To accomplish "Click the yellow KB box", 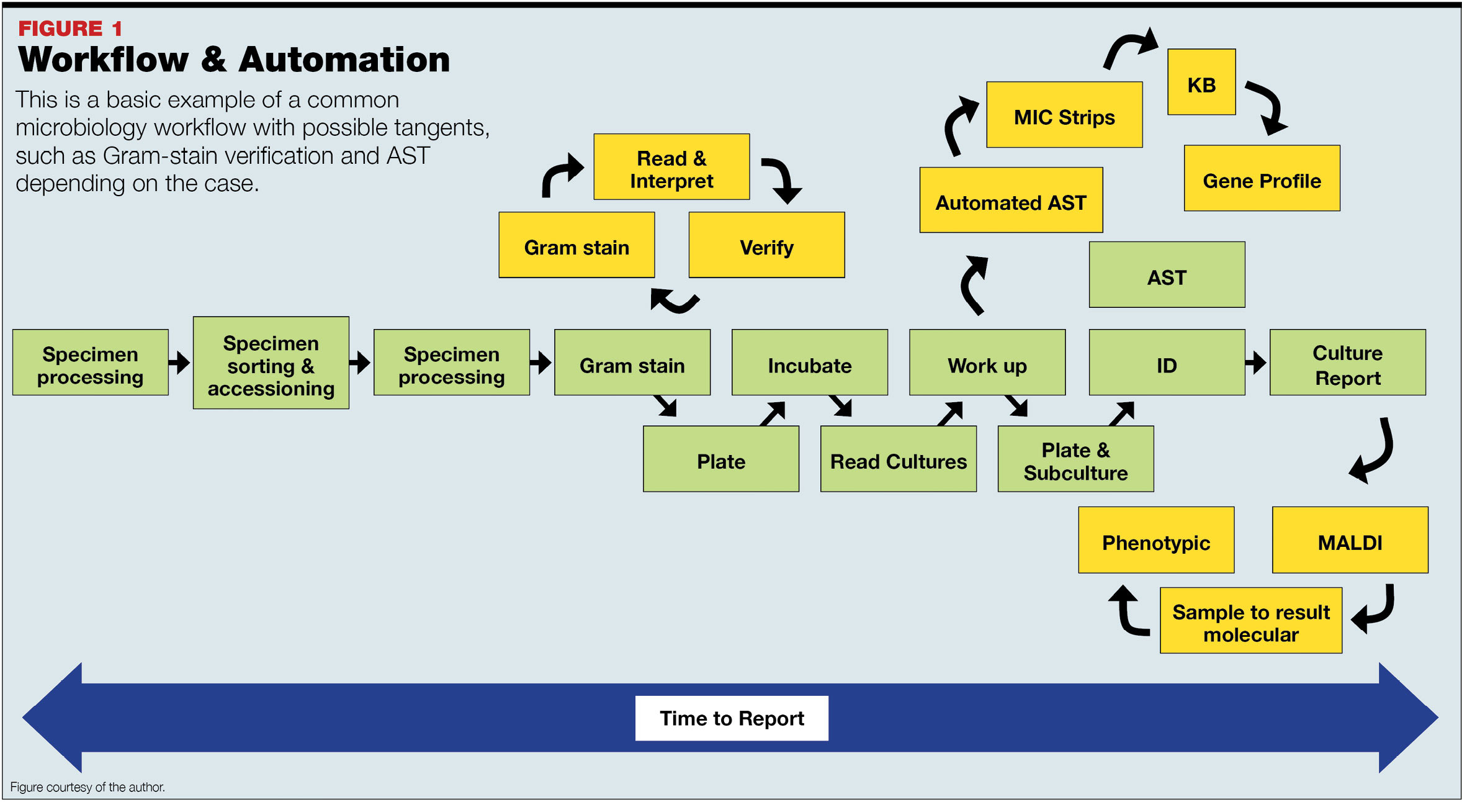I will click(x=1201, y=83).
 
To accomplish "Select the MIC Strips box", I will click(x=1064, y=115).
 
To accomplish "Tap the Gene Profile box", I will click(x=1261, y=179).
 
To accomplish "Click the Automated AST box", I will click(x=1010, y=200).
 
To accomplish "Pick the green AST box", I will click(x=1166, y=275).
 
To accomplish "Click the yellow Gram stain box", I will click(x=576, y=245).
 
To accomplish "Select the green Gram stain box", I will click(x=632, y=363).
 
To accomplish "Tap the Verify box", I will click(x=766, y=245).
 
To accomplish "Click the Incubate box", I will click(x=809, y=363).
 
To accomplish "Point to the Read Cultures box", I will click(x=898, y=459).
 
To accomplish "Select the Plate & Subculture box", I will click(x=1075, y=459).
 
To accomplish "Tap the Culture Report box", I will click(x=1347, y=363).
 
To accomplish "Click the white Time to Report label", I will click(x=731, y=718).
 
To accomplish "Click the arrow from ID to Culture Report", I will click(x=1256, y=363).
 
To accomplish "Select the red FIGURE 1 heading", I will click(x=70, y=28).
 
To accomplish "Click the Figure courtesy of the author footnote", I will click(x=87, y=787).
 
